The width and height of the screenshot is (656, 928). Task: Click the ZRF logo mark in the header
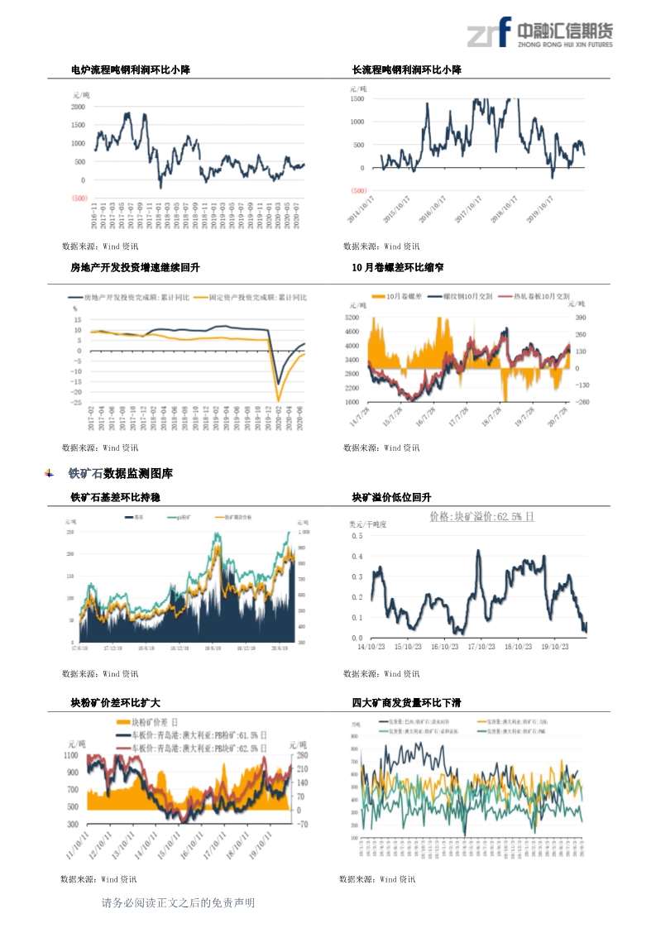[488, 34]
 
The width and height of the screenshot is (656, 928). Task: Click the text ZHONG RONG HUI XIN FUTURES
[564, 45]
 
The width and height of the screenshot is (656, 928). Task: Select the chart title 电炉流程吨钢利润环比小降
[131, 70]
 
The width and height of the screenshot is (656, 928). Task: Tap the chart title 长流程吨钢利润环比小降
[406, 70]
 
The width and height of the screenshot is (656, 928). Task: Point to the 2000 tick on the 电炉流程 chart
[78, 107]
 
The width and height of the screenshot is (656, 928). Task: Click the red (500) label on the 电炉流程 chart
[79, 199]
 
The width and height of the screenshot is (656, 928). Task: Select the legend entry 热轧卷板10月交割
[541, 296]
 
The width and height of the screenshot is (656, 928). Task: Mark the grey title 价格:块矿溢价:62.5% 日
[481, 516]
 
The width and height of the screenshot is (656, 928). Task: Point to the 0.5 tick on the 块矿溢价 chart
[357, 536]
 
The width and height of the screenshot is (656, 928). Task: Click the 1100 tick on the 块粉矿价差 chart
[70, 756]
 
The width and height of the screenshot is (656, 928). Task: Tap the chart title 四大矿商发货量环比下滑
[406, 702]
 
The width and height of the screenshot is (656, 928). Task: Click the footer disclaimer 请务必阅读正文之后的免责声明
[178, 903]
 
